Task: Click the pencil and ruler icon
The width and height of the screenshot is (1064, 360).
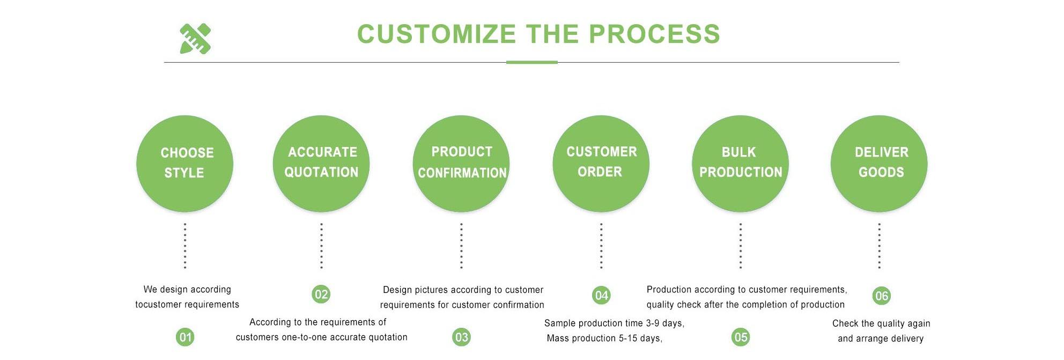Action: [195, 39]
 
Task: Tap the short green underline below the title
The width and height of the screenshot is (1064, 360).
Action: [531, 62]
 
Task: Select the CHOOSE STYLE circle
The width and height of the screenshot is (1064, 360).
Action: [184, 163]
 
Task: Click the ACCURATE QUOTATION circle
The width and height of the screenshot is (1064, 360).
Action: [321, 163]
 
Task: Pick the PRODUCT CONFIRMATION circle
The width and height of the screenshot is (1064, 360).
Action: [461, 163]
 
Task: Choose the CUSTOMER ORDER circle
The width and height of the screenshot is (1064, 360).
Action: [601, 163]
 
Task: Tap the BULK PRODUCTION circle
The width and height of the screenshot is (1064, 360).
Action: [740, 163]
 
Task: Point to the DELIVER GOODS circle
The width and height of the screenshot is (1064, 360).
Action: [879, 163]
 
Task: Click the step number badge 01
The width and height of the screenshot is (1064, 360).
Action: [185, 337]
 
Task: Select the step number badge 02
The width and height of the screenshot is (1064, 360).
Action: [321, 294]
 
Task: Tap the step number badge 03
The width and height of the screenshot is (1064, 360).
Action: [461, 337]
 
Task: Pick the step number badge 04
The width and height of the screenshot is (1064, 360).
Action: [601, 295]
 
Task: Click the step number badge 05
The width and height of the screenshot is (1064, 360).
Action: [741, 337]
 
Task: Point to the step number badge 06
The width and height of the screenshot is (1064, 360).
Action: [881, 296]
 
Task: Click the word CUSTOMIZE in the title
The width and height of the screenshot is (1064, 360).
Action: [436, 34]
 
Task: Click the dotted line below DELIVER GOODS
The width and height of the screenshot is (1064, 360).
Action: [879, 246]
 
